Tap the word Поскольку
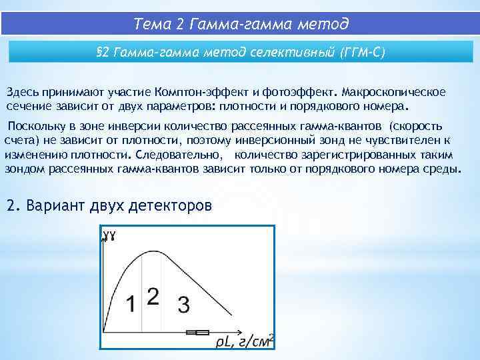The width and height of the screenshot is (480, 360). coord(35,127)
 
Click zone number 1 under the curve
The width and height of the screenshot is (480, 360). coord(132,304)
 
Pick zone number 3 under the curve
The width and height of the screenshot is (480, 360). coord(183,305)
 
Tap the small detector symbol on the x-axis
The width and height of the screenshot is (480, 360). coord(198,331)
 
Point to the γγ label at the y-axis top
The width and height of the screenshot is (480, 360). coord(109,235)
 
